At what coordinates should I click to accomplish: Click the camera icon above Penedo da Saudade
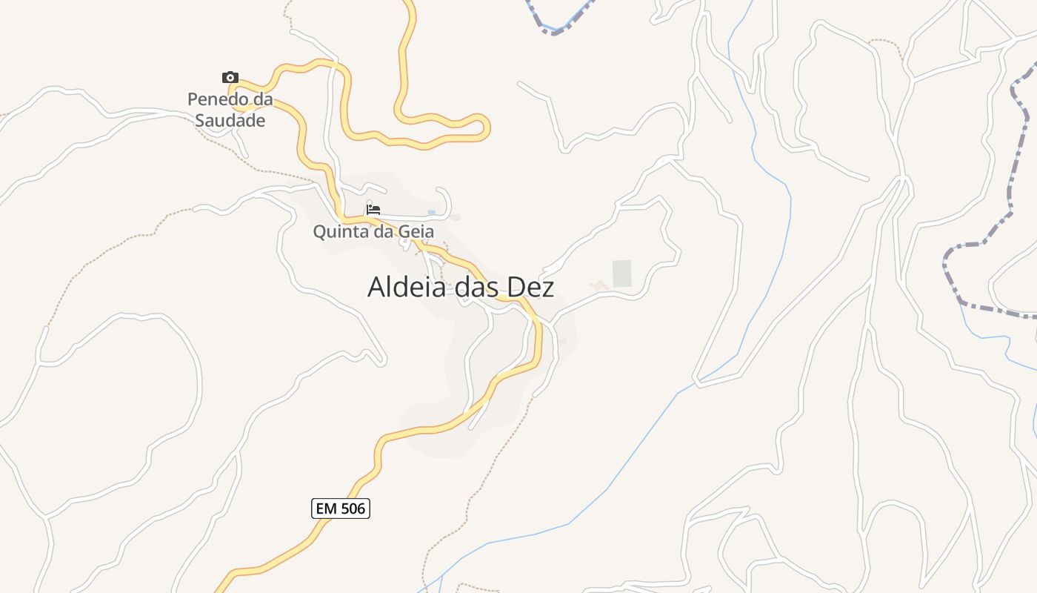coord(230,77)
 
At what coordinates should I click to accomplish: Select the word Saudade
coord(230,120)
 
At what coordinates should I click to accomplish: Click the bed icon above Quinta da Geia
coord(373,210)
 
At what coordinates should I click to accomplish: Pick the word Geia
coord(416,232)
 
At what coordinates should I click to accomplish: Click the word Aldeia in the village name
coord(407,287)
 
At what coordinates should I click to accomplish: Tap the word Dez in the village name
coord(530,287)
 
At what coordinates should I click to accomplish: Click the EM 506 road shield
coord(341,508)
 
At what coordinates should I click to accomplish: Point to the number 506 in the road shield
coord(352,508)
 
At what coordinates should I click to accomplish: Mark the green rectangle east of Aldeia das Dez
coord(622,274)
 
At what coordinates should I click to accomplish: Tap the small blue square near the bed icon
coord(432,213)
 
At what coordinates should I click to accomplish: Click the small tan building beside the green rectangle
coord(598,285)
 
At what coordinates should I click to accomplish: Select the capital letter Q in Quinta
coord(320,232)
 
